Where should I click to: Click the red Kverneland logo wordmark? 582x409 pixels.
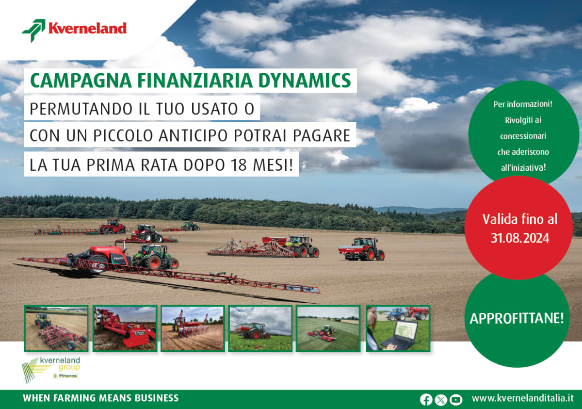tap(87, 28)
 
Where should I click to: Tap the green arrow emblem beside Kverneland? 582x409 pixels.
tap(34, 30)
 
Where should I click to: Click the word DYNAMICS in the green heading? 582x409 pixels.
tap(305, 81)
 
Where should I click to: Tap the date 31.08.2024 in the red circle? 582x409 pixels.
tap(519, 238)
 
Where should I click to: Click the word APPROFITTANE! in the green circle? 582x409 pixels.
tap(517, 318)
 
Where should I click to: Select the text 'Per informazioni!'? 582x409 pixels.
tap(523, 104)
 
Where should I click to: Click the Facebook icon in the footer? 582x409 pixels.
tap(426, 400)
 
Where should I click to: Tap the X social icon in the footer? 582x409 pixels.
tap(441, 400)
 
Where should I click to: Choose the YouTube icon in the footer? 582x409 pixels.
tap(456, 400)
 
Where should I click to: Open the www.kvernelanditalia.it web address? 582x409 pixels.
tap(522, 398)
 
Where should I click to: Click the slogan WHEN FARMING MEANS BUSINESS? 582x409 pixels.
tap(101, 398)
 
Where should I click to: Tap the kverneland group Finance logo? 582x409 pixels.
tap(51, 370)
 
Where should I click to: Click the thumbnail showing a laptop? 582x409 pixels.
tap(398, 328)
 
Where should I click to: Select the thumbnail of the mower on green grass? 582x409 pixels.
tap(328, 328)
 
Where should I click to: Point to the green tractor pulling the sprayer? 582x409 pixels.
tap(155, 257)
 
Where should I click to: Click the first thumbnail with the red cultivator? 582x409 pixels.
tap(56, 328)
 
